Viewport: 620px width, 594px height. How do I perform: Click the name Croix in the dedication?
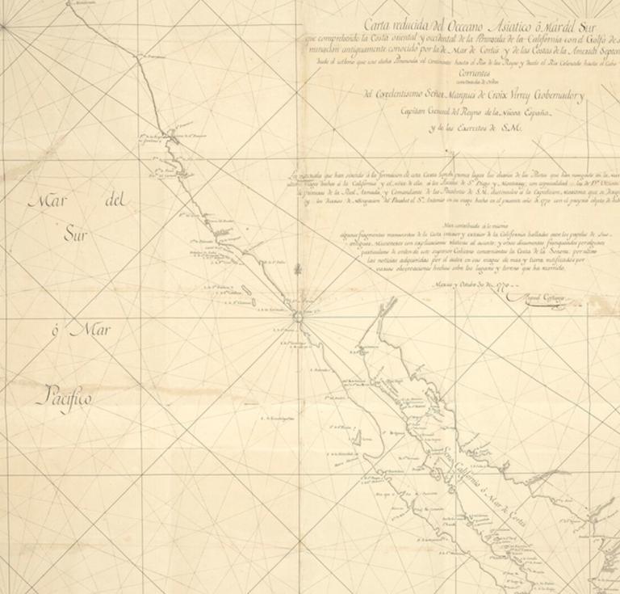click(514, 95)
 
